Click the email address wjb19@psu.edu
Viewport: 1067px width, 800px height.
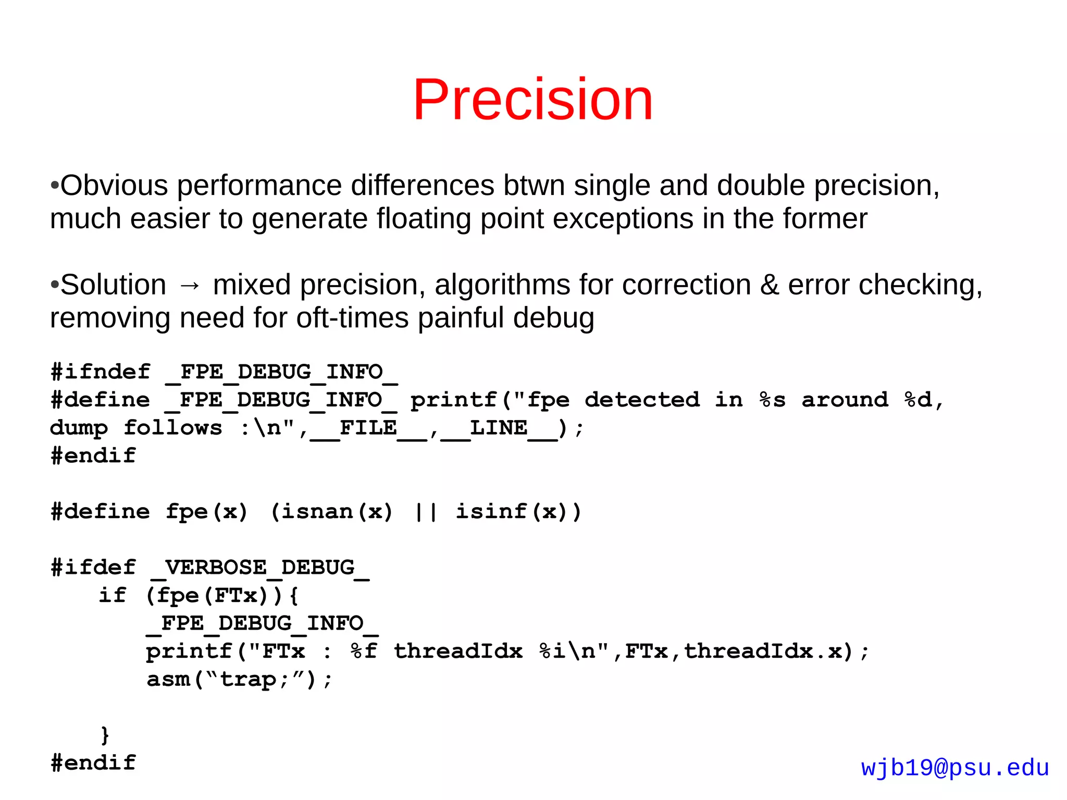point(954,768)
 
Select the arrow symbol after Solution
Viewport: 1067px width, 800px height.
point(190,286)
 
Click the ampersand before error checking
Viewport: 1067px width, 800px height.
point(770,285)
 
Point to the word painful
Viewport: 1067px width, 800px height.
point(461,318)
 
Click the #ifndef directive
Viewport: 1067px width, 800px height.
point(101,372)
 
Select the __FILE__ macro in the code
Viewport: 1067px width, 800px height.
point(368,428)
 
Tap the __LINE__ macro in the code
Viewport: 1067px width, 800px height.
point(499,428)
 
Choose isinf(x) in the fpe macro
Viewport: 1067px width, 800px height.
point(511,512)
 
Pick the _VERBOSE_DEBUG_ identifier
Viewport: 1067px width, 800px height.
point(260,568)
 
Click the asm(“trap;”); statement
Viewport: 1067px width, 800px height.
point(239,680)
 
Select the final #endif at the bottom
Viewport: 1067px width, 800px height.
point(93,763)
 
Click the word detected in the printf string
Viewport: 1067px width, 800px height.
point(642,400)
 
